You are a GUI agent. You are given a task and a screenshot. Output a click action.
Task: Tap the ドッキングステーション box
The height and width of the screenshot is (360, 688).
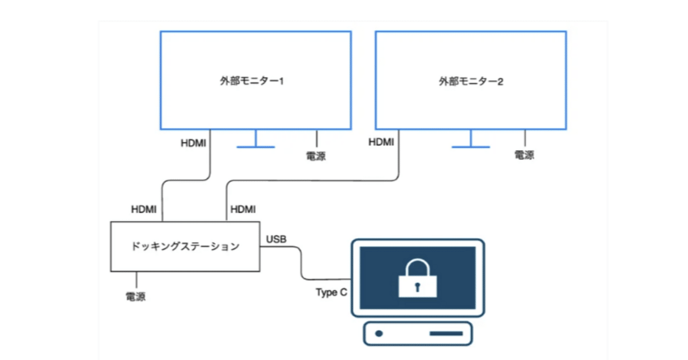185,246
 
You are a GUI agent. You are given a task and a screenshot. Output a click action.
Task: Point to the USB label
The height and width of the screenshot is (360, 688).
276,239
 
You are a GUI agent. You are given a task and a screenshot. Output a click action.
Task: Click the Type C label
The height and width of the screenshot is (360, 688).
331,293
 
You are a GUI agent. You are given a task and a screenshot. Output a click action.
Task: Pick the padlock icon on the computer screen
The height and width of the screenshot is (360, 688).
417,277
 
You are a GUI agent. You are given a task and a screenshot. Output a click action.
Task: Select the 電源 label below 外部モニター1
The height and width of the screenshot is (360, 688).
316,156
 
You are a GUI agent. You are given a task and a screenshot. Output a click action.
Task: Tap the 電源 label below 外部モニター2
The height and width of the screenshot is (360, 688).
525,155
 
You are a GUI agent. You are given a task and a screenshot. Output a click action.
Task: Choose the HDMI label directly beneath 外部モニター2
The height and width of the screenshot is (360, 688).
381,142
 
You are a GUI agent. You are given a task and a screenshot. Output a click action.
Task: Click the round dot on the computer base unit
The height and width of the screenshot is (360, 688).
379,334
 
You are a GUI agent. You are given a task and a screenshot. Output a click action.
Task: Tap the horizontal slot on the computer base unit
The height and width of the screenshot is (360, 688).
446,334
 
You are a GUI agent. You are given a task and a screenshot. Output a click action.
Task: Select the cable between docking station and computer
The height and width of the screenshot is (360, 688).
300,263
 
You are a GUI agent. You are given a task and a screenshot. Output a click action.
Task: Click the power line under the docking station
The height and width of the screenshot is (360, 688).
136,279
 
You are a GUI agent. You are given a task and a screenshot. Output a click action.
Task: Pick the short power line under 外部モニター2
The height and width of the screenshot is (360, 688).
525,138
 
